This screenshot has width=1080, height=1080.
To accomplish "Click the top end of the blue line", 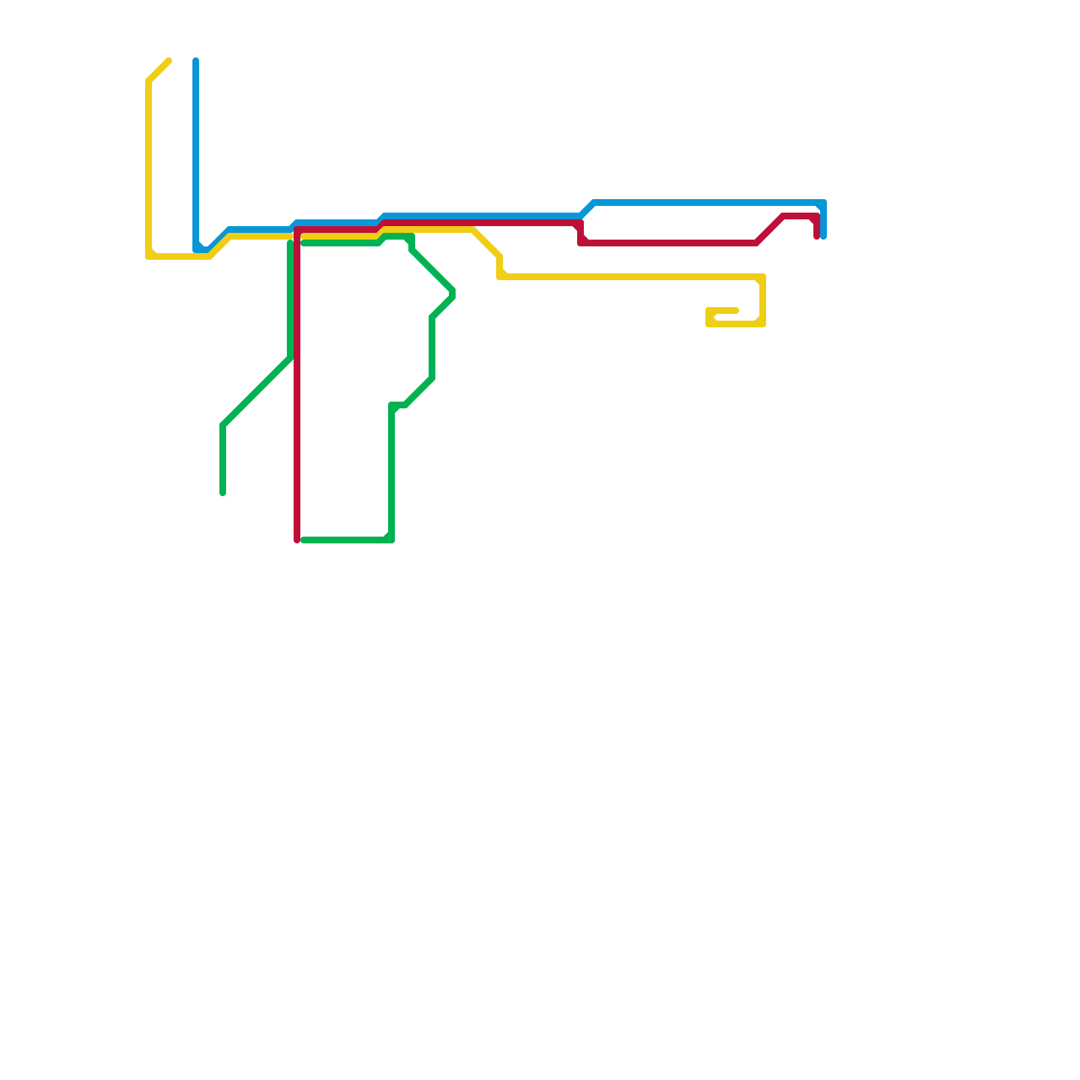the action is pyautogui.click(x=196, y=61).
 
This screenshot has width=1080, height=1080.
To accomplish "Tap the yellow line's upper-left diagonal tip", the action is pyautogui.click(x=168, y=61).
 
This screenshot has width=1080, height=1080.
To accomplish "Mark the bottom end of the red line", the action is pyautogui.click(x=297, y=539).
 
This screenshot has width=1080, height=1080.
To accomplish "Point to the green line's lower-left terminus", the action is pyautogui.click(x=223, y=493).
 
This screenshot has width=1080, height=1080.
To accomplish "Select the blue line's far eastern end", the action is pyautogui.click(x=823, y=236).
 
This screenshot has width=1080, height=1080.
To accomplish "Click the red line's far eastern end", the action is pyautogui.click(x=817, y=236).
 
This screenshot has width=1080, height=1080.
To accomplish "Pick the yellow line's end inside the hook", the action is pyautogui.click(x=736, y=310).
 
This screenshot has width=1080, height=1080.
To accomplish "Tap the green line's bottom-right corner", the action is pyautogui.click(x=391, y=539).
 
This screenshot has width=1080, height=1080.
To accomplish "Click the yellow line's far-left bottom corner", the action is pyautogui.click(x=149, y=256).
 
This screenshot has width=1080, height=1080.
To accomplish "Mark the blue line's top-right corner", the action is pyautogui.click(x=823, y=203).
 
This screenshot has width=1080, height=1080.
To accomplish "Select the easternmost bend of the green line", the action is pyautogui.click(x=453, y=294).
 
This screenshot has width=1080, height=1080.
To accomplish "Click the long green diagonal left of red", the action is pyautogui.click(x=256, y=391).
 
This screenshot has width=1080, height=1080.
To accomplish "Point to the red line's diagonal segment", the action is pyautogui.click(x=769, y=230).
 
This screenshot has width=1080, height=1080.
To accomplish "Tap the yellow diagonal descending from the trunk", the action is pyautogui.click(x=486, y=243).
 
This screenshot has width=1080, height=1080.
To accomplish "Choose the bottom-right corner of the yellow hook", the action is pyautogui.click(x=763, y=324).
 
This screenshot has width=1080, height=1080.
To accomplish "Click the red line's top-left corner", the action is pyautogui.click(x=298, y=230).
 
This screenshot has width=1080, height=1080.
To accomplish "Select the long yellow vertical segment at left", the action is pyautogui.click(x=148, y=169).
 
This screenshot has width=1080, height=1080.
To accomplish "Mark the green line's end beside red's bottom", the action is pyautogui.click(x=304, y=540).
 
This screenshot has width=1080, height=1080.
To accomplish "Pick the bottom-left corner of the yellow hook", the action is pyautogui.click(x=709, y=323).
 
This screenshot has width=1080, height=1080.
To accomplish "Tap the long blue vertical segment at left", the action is pyautogui.click(x=196, y=155).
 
